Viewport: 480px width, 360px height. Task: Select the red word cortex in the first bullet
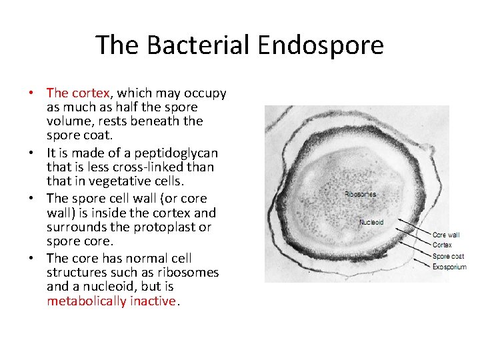(91, 93)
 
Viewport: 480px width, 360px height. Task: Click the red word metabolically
(86, 301)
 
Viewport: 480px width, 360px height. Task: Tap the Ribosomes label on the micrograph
(360, 195)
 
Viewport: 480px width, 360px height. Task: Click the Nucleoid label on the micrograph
(371, 222)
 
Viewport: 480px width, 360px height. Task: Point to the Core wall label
(446, 235)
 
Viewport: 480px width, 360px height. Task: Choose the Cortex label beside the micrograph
(443, 245)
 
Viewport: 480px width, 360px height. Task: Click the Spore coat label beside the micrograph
(448, 256)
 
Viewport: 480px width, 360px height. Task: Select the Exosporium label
(449, 267)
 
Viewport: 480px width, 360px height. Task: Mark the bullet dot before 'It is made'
(38, 154)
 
